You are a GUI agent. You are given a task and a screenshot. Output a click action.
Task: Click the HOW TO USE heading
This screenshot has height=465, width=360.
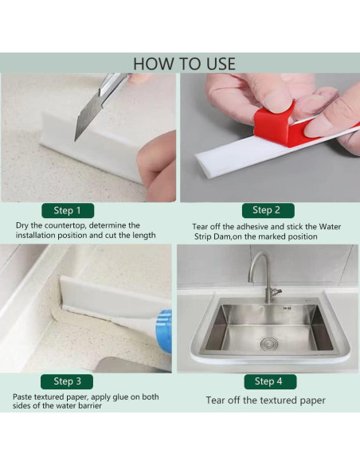[x=184, y=64]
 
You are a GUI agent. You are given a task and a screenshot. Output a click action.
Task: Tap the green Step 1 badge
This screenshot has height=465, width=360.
[x=68, y=210]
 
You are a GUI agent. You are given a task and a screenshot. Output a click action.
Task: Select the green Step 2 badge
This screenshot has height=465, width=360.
[x=268, y=210]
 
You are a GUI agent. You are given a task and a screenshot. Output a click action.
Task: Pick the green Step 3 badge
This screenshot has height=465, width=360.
[x=67, y=381]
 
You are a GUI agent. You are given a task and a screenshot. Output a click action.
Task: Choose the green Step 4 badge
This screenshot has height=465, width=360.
[x=270, y=381]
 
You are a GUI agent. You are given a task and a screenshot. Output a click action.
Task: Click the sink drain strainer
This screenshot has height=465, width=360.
[x=268, y=344]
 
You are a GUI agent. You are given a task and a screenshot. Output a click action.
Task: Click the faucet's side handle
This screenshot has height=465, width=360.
[x=277, y=291]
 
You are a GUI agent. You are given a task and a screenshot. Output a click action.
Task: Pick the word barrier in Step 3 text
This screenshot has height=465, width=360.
[x=88, y=406]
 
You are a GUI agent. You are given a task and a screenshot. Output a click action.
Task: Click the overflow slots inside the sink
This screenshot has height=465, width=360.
[x=287, y=309]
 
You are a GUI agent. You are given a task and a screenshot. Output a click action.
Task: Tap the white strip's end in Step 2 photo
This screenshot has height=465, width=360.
[x=201, y=163]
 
